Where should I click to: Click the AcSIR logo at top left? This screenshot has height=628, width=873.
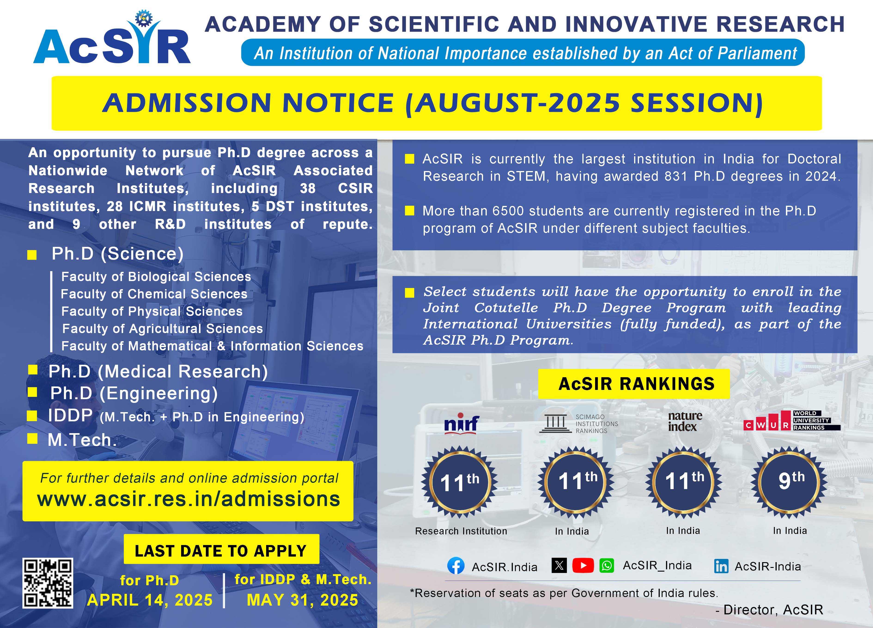point(112,40)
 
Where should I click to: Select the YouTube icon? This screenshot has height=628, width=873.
point(583,565)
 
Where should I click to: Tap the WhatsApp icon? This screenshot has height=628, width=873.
point(607,565)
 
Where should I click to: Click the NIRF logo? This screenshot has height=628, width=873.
point(462,424)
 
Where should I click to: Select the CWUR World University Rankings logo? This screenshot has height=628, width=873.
point(791,420)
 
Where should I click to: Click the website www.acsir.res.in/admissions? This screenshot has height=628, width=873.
point(189,499)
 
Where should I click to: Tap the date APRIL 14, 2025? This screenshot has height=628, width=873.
point(150,600)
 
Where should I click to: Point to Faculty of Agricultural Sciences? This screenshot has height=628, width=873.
point(162,328)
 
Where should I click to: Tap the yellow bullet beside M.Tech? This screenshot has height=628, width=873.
point(33,438)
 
